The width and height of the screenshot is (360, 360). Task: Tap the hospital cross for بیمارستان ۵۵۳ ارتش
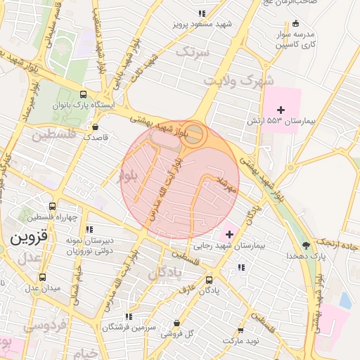click(x=281, y=110)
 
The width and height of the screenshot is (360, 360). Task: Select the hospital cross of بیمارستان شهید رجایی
click(x=229, y=233)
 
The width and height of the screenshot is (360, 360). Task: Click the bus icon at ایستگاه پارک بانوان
click(x=84, y=94)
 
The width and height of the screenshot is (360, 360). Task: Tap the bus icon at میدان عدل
click(x=43, y=277)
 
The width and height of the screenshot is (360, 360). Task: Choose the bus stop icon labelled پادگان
click(x=209, y=279)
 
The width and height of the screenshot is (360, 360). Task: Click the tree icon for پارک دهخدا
click(x=306, y=245)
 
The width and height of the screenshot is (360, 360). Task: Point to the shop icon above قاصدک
click(x=95, y=127)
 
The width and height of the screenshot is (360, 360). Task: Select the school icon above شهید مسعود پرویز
click(x=202, y=13)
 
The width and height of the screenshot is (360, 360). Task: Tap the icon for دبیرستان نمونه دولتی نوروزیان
click(x=90, y=229)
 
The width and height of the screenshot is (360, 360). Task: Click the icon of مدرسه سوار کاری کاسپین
click(x=295, y=23)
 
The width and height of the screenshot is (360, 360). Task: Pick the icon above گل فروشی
click(x=176, y=323)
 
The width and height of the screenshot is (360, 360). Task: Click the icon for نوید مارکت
click(x=240, y=330)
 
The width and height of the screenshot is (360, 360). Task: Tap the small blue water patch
click(x=345, y=300)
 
